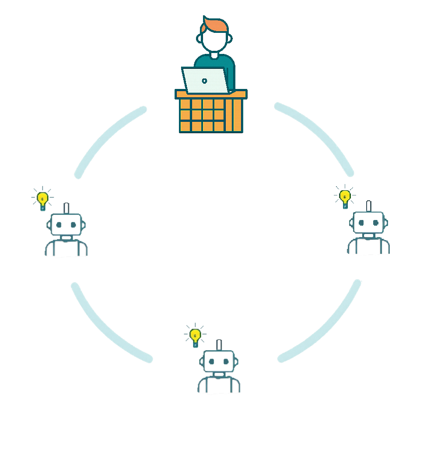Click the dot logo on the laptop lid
coord(204,81)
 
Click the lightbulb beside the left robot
coord(42,199)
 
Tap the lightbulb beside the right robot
coord(345,196)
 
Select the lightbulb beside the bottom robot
coord(195,336)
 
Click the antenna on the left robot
coord(66,208)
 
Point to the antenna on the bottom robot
coord(218,345)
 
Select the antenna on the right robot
coord(368,206)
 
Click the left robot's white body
coord(66,254)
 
